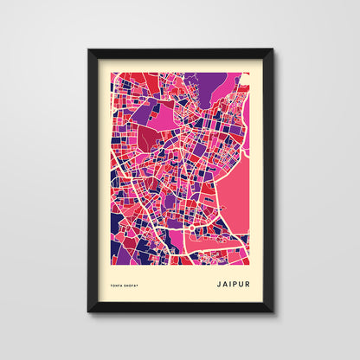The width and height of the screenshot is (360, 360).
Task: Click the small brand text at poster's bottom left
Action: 126,282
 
